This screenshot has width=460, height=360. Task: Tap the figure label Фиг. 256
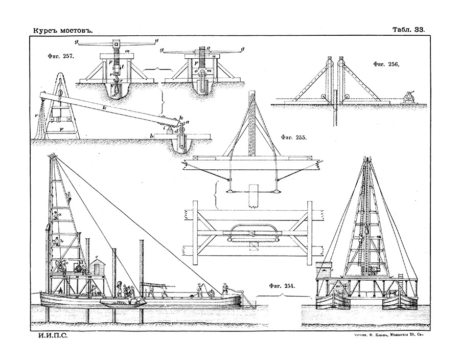386,65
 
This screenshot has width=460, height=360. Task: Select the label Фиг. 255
294,138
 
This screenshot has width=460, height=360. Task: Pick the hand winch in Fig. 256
408,97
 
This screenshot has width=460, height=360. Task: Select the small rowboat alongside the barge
121,303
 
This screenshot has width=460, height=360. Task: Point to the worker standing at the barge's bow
225,289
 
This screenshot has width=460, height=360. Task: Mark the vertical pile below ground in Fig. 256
335,117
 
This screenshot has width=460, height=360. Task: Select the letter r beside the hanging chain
36,115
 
